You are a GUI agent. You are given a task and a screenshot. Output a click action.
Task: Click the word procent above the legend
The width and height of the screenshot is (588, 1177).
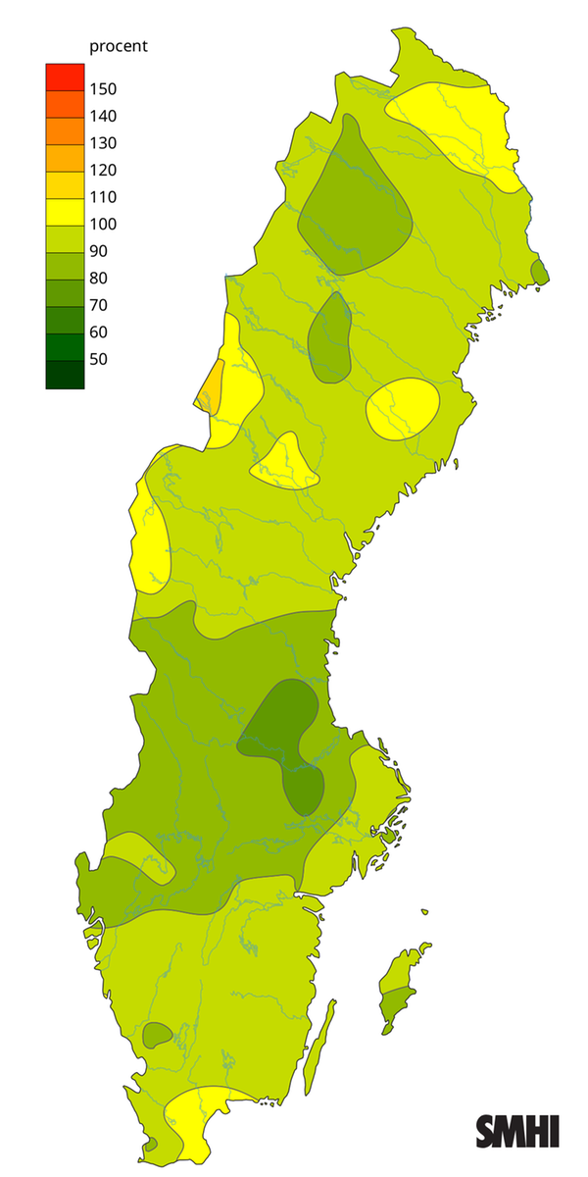119,46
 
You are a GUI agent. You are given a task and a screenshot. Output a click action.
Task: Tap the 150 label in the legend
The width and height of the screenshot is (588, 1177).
103,89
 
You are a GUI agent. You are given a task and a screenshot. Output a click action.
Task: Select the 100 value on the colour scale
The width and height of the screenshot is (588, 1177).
103,224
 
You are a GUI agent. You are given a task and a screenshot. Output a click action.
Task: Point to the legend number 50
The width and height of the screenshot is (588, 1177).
98,359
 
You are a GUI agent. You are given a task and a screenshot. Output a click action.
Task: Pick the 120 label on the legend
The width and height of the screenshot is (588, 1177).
103,170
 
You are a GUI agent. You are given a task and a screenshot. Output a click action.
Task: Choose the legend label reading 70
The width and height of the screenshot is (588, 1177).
98,305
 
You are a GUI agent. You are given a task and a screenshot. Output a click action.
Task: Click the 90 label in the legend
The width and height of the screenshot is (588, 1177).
98,251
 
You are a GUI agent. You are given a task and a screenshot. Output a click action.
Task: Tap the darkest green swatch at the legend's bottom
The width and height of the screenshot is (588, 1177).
65,375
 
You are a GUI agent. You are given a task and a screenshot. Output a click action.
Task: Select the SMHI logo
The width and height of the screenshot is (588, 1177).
517,1130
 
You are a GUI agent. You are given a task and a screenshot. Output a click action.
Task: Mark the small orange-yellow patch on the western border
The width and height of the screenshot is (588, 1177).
211,384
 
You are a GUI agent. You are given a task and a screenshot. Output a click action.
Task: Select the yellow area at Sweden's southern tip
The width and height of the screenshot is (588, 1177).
201,1118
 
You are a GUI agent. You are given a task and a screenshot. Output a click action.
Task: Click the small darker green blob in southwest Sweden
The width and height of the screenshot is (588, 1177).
156,1034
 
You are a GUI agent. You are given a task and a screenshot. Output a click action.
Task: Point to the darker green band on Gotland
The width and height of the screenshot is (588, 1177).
396,1004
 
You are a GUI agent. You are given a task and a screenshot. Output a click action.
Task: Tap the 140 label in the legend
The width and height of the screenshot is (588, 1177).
103,116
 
